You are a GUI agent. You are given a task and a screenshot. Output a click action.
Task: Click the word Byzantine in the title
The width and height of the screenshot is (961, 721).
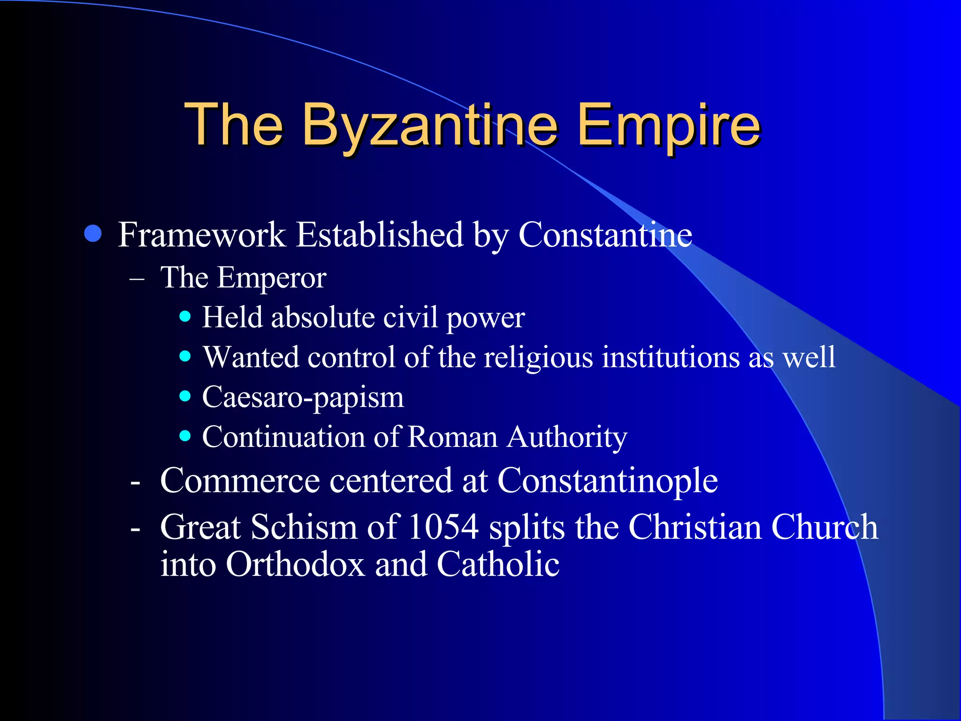(430, 126)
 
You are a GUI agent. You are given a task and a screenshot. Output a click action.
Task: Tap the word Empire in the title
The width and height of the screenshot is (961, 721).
(668, 126)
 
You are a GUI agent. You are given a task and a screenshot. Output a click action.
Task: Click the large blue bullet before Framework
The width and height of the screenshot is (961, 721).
(93, 233)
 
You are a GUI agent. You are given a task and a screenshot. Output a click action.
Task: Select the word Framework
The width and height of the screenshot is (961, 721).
(202, 234)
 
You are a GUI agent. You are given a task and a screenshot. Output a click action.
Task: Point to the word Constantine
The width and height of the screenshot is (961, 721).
(605, 234)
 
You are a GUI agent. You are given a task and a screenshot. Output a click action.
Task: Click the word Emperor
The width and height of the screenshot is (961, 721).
(271, 278)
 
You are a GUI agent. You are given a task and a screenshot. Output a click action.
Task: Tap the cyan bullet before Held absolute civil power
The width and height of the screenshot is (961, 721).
(185, 317)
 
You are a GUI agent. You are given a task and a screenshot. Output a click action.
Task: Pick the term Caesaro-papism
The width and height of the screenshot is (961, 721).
(303, 398)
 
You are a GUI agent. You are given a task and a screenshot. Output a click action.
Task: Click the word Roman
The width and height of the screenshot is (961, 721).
(452, 437)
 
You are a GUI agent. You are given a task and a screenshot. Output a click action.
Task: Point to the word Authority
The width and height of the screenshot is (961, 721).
(567, 437)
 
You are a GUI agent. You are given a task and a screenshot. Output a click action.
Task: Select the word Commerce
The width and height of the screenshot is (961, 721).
(240, 481)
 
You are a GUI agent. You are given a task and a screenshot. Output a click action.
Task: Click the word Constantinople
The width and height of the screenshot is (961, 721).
(607, 481)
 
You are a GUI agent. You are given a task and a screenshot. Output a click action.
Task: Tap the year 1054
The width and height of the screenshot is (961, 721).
(443, 527)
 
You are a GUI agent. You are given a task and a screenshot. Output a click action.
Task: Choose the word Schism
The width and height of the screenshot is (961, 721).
(304, 527)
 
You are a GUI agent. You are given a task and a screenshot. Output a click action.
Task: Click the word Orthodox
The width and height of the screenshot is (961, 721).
(295, 564)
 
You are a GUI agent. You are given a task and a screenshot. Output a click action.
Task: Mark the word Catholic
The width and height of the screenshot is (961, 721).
(498, 564)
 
